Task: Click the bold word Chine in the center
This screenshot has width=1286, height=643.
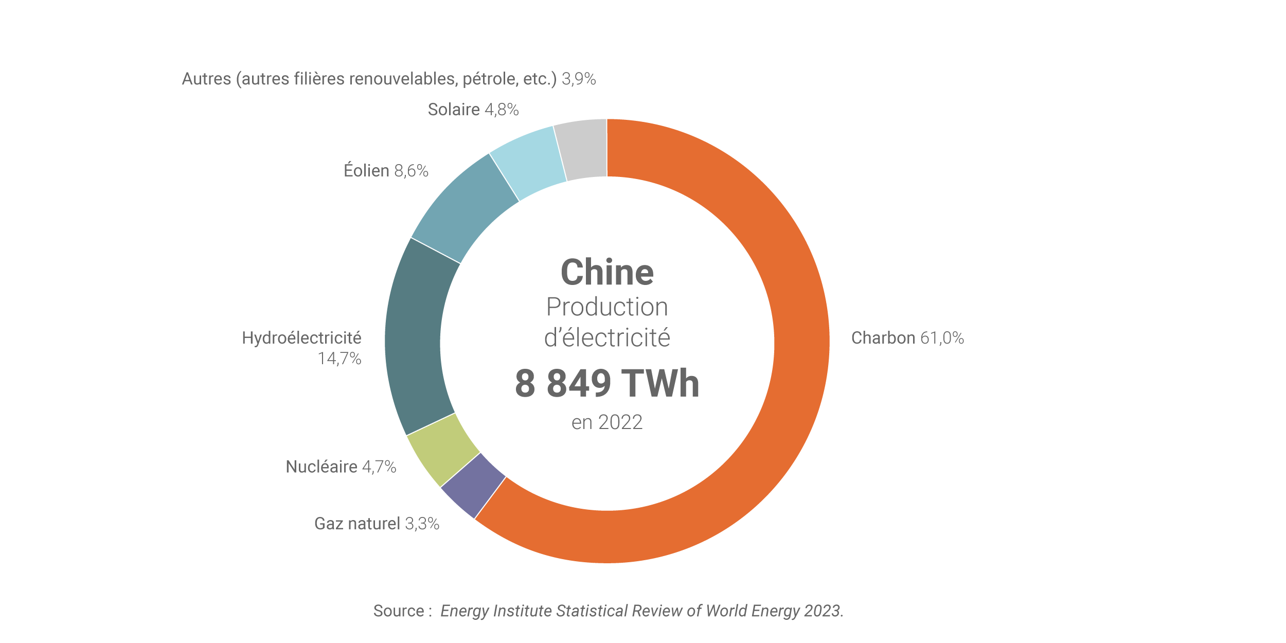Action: click(607, 272)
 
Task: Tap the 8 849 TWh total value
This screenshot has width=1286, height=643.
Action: click(607, 384)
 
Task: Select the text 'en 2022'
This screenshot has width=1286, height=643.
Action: click(607, 422)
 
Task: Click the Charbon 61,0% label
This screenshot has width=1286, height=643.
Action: click(907, 338)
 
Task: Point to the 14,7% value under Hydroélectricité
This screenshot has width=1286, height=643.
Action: click(340, 359)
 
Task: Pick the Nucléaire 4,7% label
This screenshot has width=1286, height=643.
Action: click(341, 467)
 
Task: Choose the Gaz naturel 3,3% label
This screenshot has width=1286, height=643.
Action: click(377, 524)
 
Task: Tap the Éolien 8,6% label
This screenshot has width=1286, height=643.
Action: click(386, 171)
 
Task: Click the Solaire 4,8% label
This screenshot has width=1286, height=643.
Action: click(473, 110)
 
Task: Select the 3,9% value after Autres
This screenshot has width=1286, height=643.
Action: click(579, 79)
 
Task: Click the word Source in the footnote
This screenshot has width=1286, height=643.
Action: click(399, 611)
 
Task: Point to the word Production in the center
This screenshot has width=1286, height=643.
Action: click(607, 307)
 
